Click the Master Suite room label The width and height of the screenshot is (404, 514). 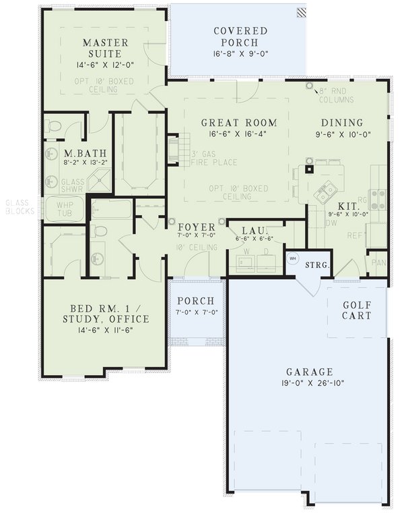(x=102, y=47)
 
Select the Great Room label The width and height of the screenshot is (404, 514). (x=239, y=123)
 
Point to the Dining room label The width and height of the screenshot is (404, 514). (x=341, y=123)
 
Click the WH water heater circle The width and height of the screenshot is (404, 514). (x=293, y=257)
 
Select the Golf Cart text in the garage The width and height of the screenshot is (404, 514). (x=357, y=310)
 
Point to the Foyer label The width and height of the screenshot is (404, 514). (x=197, y=227)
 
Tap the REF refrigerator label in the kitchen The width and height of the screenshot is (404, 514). (x=354, y=236)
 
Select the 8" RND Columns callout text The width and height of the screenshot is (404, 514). (x=335, y=95)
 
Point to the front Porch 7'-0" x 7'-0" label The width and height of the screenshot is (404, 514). (x=196, y=307)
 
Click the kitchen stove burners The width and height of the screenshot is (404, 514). (x=378, y=198)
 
